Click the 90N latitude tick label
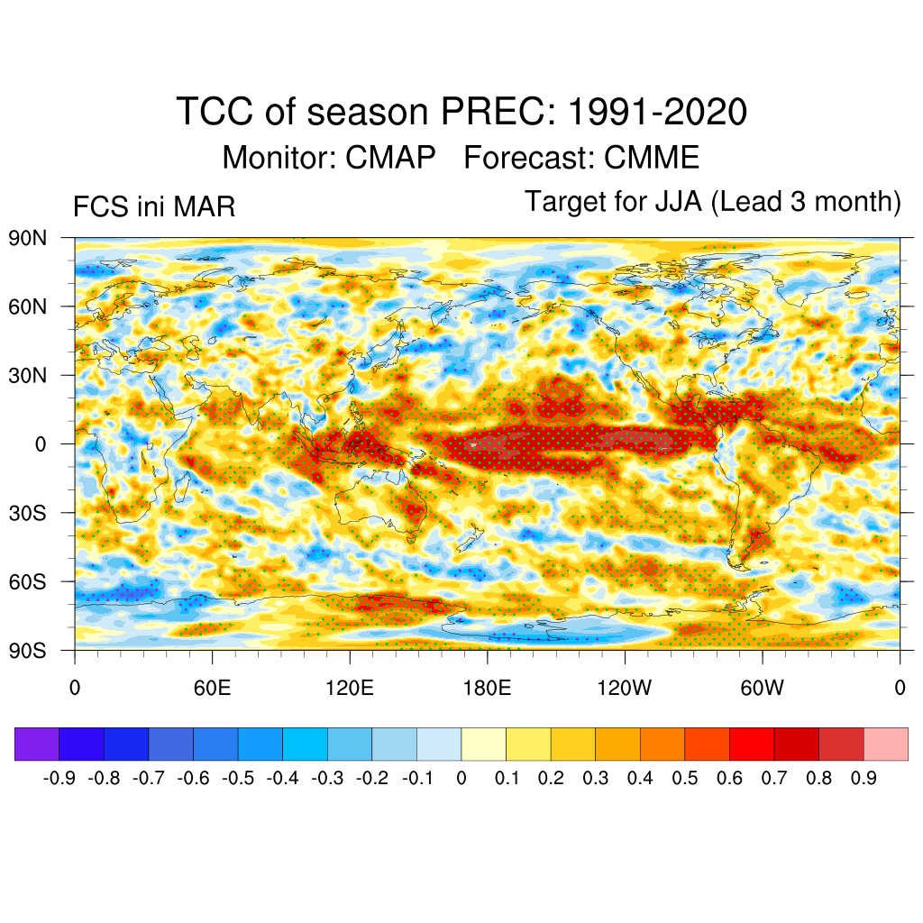point(27,238)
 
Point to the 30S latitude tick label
point(27,513)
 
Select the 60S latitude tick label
point(27,581)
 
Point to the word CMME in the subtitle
point(652,158)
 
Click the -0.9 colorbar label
point(59,777)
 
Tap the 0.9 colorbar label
point(864,777)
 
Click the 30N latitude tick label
point(27,375)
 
